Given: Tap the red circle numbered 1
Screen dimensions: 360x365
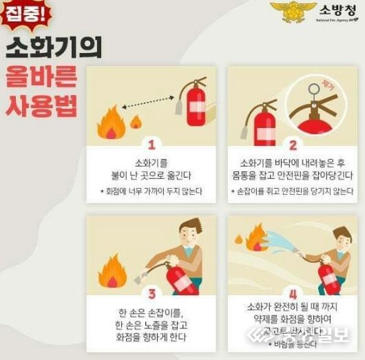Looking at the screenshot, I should pos(151,145).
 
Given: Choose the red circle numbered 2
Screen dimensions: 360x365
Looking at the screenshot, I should pos(293,145).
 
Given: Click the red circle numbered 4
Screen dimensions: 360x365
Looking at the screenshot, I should pos(293,293).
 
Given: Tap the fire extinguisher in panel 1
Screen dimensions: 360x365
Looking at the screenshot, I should pos(194,107).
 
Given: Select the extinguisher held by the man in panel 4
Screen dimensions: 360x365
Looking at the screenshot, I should pos(327,277).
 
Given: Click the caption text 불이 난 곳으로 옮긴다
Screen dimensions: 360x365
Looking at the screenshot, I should pos(151,176).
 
